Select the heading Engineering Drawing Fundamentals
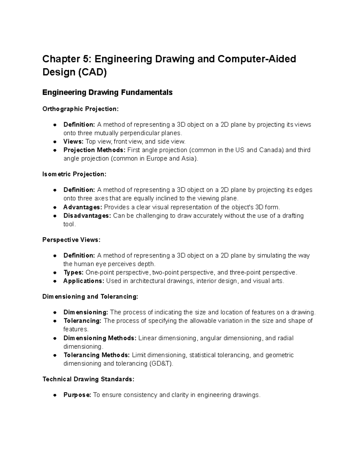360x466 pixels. point(107,92)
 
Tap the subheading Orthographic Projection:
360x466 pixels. point(80,109)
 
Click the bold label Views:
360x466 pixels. point(73,142)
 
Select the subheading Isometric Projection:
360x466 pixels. point(74,174)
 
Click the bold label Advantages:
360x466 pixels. point(82,207)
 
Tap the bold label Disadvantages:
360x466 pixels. point(87,216)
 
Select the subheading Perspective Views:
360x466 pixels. point(71,240)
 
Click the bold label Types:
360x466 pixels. point(73,273)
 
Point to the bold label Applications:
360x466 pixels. point(84,281)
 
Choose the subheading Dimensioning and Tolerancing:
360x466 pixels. point(90,297)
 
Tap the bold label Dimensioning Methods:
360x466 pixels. point(100,338)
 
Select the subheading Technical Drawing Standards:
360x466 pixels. point(88,379)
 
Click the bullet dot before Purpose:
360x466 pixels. point(55,395)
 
